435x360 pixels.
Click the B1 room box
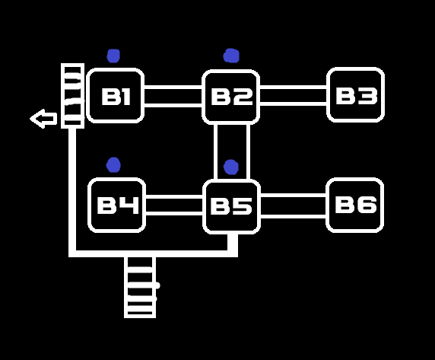pyautogui.click(x=115, y=95)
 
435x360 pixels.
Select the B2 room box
pyautogui.click(x=231, y=97)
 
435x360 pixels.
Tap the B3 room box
pyautogui.click(x=355, y=95)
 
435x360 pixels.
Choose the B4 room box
pyautogui.click(x=117, y=205)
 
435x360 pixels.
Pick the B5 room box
pyautogui.click(x=232, y=206)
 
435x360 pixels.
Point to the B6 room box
pyautogui.click(x=355, y=205)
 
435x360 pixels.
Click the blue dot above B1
pyautogui.click(x=113, y=56)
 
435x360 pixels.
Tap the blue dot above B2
pyautogui.click(x=231, y=56)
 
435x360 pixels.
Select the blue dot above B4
pyautogui.click(x=113, y=165)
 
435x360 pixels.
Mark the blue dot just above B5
pyautogui.click(x=231, y=167)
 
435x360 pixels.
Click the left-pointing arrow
pyautogui.click(x=43, y=119)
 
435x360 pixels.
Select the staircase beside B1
pyautogui.click(x=73, y=96)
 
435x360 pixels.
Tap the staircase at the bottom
pyautogui.click(x=140, y=287)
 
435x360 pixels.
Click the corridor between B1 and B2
pyautogui.click(x=173, y=97)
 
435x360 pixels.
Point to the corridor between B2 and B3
pyautogui.click(x=294, y=96)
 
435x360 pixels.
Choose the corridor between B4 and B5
pyautogui.click(x=174, y=205)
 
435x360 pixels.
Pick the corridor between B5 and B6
pyautogui.click(x=294, y=205)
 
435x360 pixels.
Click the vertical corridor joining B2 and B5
pyautogui.click(x=232, y=151)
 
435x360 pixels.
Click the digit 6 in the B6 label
pyautogui.click(x=367, y=205)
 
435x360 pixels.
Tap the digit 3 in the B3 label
pyautogui.click(x=367, y=96)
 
